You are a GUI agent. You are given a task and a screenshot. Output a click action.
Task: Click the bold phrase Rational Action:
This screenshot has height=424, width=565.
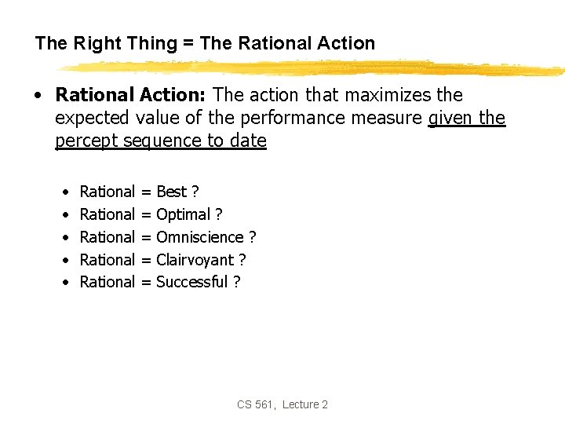pos(131,95)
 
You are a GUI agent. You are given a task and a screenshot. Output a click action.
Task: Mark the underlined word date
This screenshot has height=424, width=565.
pos(247,141)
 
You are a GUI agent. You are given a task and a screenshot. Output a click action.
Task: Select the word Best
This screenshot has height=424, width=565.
pos(172,192)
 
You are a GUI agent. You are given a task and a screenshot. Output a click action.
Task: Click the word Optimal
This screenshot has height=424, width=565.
pos(184,214)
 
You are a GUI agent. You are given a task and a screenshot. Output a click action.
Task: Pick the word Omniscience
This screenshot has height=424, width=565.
pos(200,237)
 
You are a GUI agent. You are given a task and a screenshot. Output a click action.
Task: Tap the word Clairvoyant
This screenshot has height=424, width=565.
pos(195,260)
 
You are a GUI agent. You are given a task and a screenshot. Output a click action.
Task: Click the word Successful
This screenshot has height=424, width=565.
pos(192,282)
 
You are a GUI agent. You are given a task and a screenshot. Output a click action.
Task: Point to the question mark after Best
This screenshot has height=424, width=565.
pos(195,192)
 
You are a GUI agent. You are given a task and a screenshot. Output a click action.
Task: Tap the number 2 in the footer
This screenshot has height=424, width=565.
pos(325,404)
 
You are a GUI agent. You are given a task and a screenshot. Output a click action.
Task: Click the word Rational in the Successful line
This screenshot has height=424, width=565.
pos(108,282)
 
